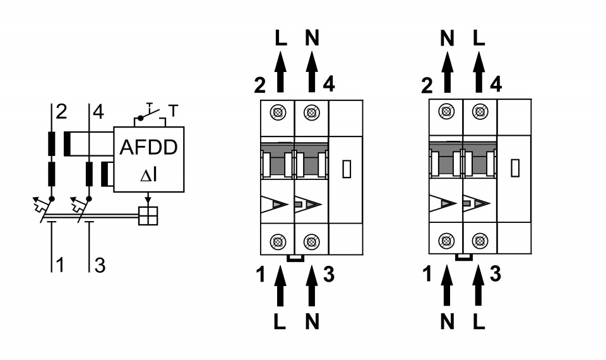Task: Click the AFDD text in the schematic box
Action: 148,148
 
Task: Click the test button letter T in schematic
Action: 173,109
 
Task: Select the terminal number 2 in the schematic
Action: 61,112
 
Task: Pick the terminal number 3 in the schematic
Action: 100,265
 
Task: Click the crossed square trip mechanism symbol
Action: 148,216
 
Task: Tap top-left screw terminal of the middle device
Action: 277,112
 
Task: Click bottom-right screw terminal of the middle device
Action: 311,241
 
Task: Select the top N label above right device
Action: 447,38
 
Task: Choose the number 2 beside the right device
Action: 427,84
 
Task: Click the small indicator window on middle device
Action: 347,169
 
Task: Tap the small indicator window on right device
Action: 514,168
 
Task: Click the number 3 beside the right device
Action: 496,274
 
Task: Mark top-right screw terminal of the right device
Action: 480,112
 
